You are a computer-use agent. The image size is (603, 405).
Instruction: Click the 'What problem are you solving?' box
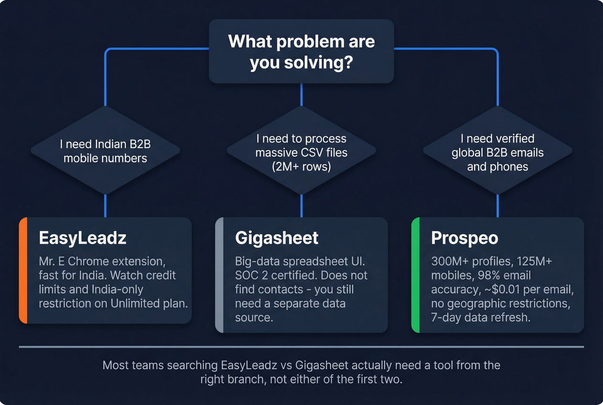301,51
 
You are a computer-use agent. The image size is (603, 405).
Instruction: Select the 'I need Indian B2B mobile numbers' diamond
105,151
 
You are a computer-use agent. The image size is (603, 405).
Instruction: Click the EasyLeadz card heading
82,238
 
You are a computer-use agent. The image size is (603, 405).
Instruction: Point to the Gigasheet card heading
277,238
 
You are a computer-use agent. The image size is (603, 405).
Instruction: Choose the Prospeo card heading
464,238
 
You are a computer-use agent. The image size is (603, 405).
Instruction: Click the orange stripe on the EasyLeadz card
23,270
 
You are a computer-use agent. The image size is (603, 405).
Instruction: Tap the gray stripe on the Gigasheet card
219,275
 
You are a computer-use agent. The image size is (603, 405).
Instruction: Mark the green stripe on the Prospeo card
416,275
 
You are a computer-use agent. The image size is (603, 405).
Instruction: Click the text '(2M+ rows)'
301,166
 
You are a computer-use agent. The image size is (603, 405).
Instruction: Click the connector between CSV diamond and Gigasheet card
301,206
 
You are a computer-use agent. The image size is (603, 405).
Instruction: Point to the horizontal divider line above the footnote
301,347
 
